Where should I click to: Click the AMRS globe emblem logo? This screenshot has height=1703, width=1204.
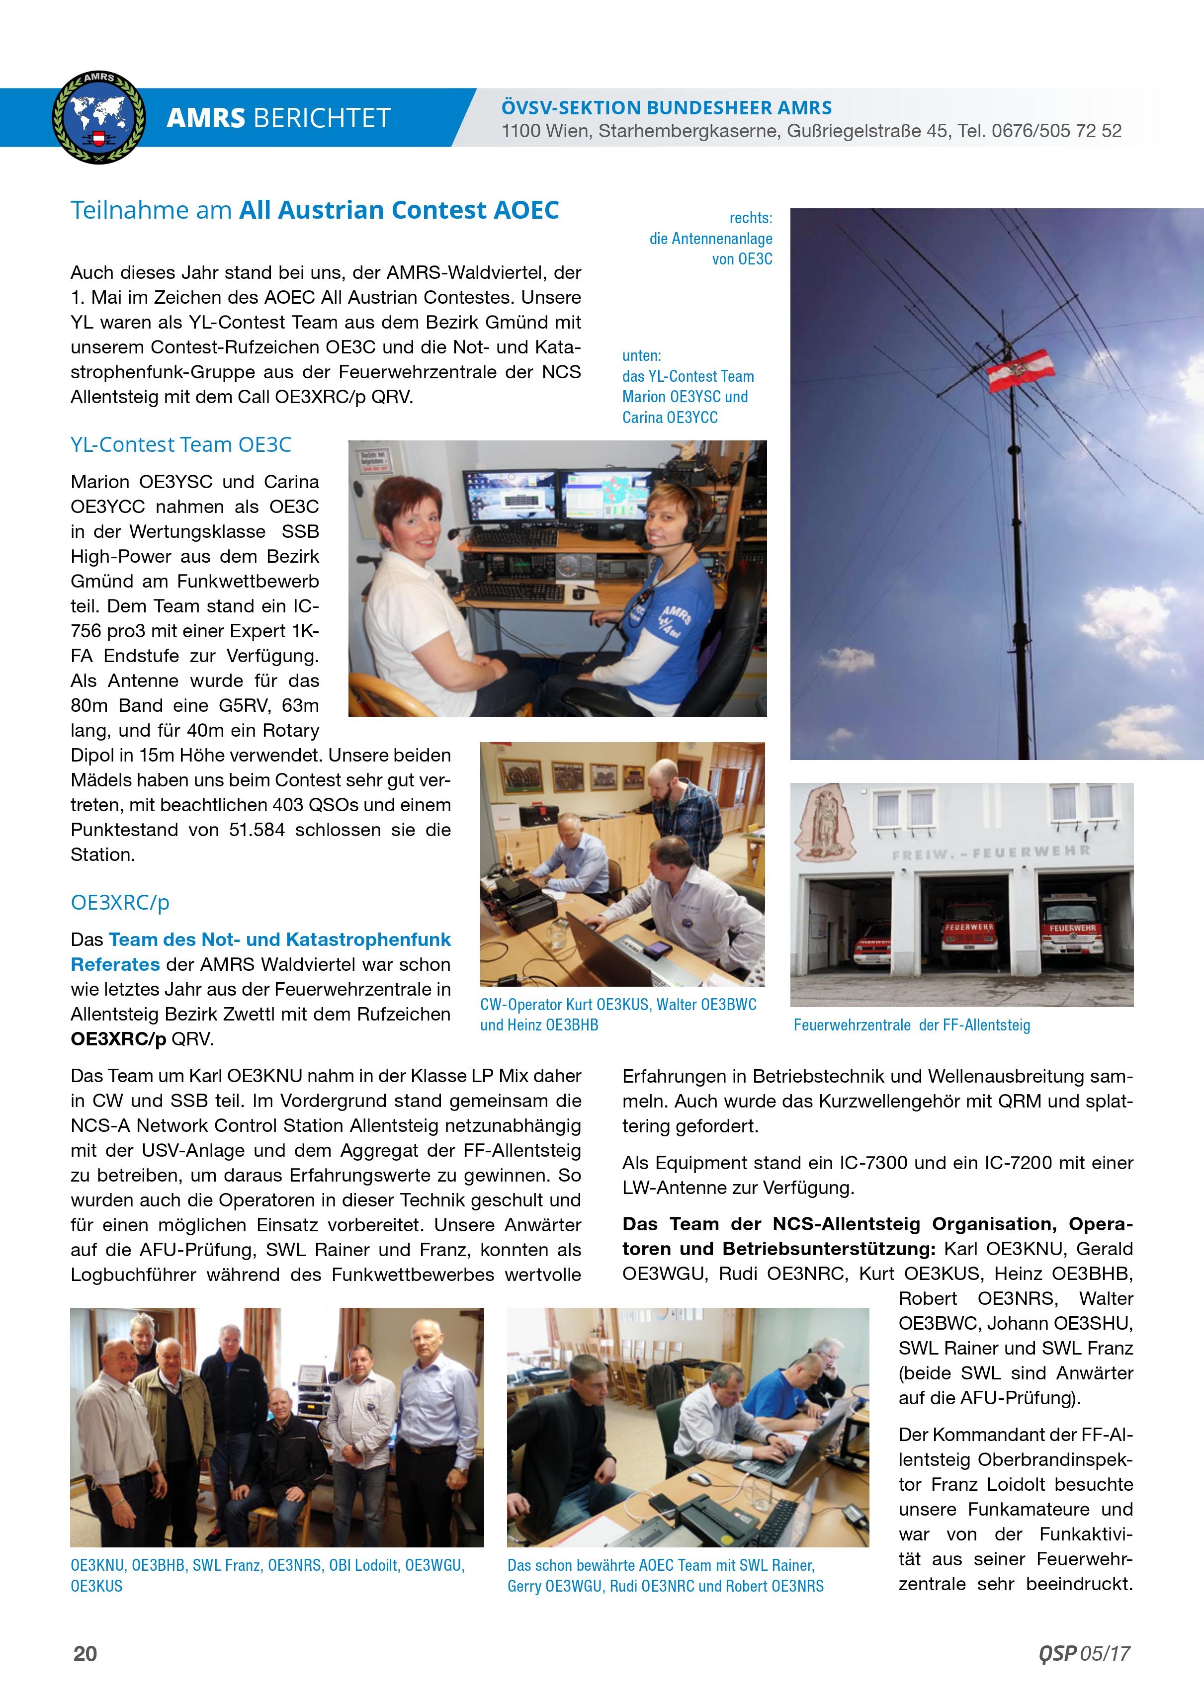tap(98, 117)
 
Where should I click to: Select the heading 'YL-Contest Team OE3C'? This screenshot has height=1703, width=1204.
tap(180, 444)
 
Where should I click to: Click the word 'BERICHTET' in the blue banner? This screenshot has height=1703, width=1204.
tap(321, 118)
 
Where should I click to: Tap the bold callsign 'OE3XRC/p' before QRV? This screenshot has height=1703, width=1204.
tap(118, 1039)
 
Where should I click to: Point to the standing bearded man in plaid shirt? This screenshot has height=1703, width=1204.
tap(666, 805)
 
